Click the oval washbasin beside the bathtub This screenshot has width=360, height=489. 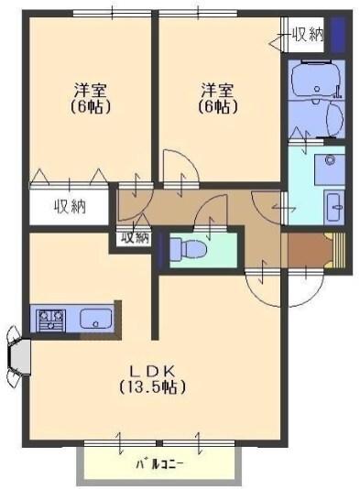tap(332, 117)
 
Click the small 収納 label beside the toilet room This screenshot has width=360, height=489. tap(135, 238)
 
